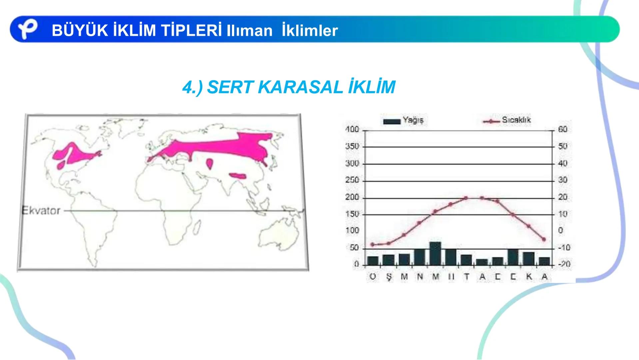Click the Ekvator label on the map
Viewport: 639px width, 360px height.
(x=41, y=211)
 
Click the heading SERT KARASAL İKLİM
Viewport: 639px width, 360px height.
(x=289, y=87)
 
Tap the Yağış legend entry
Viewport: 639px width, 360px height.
(x=403, y=120)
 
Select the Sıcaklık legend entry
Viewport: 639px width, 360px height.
(x=507, y=120)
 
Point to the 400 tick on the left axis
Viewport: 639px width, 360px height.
(x=352, y=130)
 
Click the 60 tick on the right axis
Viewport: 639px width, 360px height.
(x=562, y=130)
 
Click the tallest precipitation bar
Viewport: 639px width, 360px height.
(x=435, y=253)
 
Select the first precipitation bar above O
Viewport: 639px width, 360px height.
(x=373, y=260)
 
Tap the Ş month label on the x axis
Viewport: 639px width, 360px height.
(x=389, y=277)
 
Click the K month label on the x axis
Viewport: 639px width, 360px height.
(x=529, y=277)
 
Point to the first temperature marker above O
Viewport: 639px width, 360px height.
(x=372, y=245)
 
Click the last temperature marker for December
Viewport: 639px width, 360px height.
(x=544, y=239)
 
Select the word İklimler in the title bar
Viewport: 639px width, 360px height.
(x=310, y=31)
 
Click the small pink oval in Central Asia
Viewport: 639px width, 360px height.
(x=210, y=163)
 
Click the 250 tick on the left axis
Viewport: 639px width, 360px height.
(x=352, y=180)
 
